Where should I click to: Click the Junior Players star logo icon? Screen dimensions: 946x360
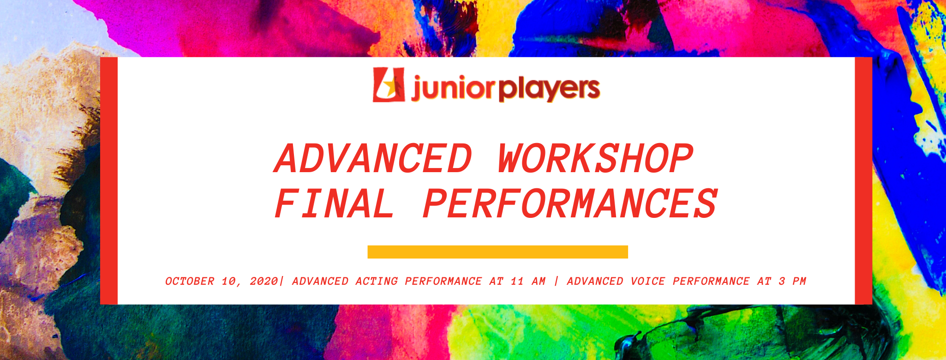coord(389,85)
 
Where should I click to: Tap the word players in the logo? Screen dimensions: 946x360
coord(549,89)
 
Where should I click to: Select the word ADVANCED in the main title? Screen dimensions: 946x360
coord(373,158)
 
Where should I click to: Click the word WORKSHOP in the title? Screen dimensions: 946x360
coord(596,158)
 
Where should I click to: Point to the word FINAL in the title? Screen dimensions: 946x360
coord(335,204)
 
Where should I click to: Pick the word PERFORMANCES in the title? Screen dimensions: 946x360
coord(570,204)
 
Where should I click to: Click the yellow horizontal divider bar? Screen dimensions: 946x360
coord(497,252)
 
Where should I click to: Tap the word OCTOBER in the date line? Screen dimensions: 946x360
coord(190,281)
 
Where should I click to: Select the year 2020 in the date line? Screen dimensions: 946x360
coord(264,281)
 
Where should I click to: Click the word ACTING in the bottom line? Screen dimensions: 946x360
coord(377,281)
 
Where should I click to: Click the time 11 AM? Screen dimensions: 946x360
coord(528,281)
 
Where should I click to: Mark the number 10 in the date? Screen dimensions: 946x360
coord(229,281)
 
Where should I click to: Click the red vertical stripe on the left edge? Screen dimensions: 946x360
coord(109,181)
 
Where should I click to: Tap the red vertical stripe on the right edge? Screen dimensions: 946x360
coord(863,181)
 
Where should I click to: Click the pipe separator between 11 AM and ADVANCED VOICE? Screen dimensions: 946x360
coord(557,281)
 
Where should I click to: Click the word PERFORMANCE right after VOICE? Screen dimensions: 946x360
coord(711,281)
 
